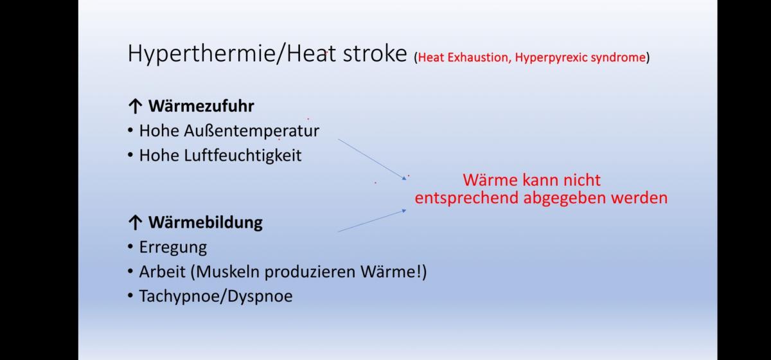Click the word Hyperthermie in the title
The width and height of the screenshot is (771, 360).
coord(202,55)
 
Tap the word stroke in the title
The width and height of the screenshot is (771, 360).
coord(375,53)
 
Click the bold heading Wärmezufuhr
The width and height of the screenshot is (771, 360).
coord(201,106)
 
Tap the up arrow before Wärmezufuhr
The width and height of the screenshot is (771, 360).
coord(136,106)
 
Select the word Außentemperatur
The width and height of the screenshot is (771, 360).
coord(252,131)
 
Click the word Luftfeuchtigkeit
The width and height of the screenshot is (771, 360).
coord(243,156)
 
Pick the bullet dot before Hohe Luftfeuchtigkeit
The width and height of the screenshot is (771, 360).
coord(130,156)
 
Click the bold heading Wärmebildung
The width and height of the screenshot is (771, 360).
coord(206,222)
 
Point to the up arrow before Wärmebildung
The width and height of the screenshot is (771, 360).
coord(136,222)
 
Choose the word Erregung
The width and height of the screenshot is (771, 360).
coord(173,248)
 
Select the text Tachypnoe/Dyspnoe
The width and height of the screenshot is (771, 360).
coord(216,296)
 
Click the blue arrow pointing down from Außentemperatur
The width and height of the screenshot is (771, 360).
coord(372,159)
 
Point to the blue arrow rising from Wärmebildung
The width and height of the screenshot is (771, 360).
coord(372,221)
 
